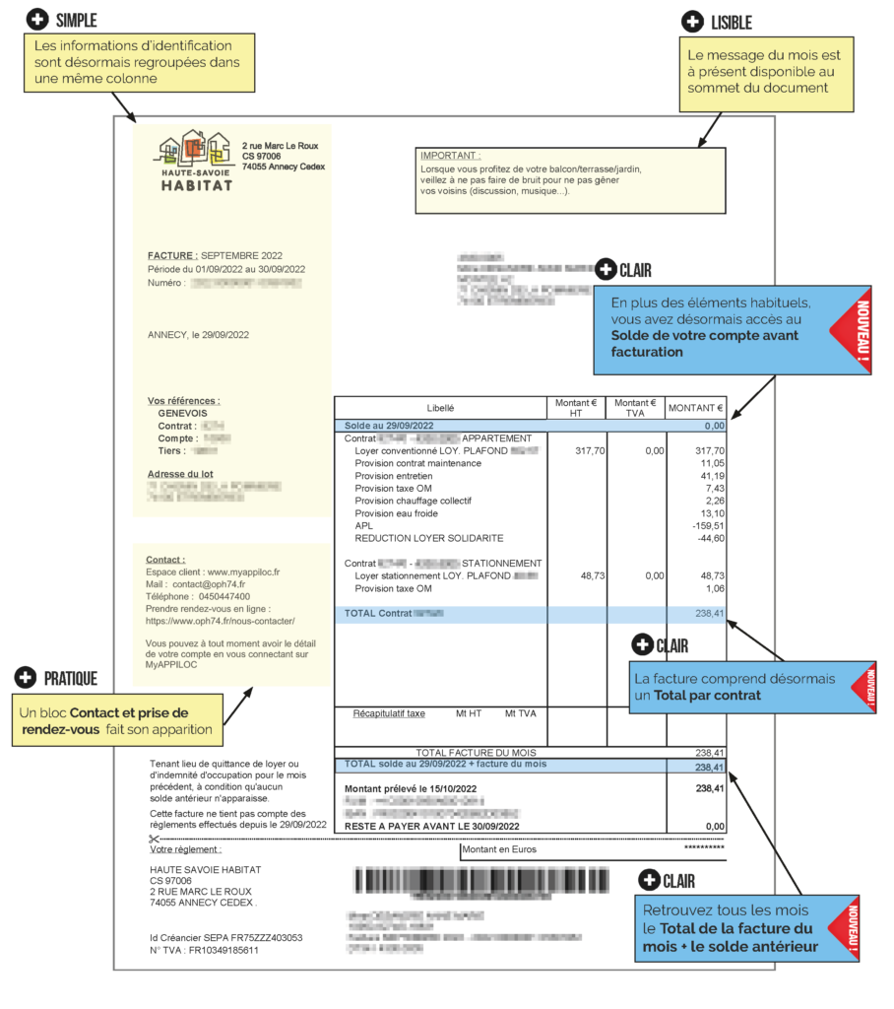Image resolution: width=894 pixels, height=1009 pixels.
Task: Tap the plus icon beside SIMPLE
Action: pos(37,20)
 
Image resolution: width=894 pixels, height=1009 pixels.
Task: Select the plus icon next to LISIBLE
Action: pos(693,22)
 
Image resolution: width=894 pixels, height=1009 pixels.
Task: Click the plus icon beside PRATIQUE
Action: pos(28,677)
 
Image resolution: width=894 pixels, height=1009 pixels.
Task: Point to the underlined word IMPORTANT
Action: pos(450,156)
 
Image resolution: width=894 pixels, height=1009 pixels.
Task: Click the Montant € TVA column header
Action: pos(636,407)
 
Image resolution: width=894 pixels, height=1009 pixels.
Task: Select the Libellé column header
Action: pos(440,407)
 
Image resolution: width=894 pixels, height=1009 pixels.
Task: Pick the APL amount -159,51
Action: pos(707,526)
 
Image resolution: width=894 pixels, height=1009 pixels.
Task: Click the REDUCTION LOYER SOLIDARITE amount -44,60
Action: pos(709,539)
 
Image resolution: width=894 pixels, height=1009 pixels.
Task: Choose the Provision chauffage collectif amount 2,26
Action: pos(714,501)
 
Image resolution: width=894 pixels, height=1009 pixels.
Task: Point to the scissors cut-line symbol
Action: pos(154,839)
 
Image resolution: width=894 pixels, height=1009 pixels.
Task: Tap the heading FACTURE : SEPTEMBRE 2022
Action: pos(214,256)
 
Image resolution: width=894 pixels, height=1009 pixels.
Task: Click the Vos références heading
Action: pos(184,401)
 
